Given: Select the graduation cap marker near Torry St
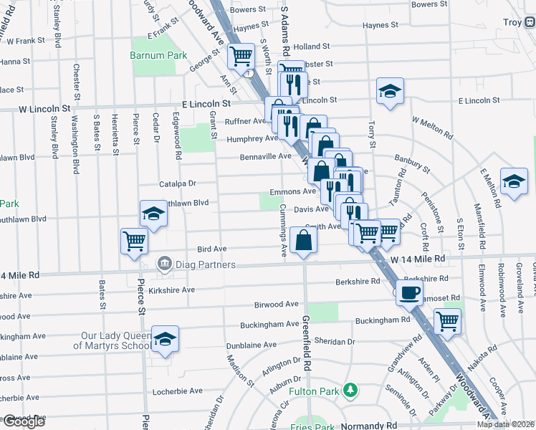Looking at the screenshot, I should tap(389, 92).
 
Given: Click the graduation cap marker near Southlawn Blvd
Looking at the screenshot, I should tap(153, 214).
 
